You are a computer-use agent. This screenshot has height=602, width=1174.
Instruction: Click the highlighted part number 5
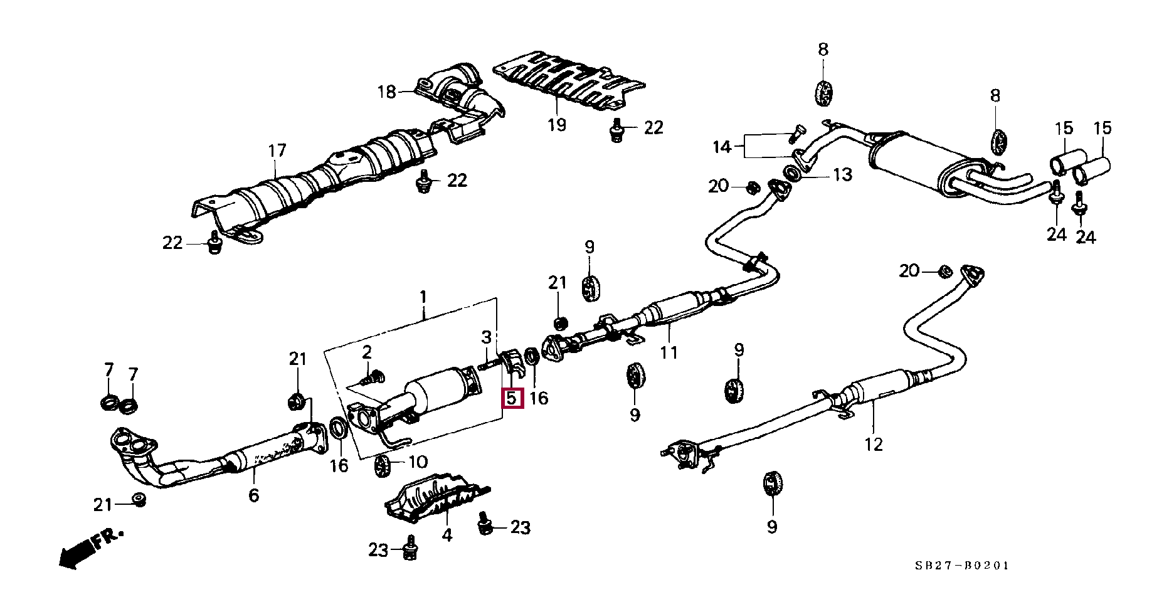[512, 398]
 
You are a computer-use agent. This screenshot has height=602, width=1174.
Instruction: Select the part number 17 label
[277, 150]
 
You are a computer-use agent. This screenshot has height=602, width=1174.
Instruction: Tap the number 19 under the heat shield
[556, 125]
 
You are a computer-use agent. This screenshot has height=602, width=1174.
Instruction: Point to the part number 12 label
[873, 444]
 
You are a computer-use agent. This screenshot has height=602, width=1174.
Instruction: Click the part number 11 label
[669, 352]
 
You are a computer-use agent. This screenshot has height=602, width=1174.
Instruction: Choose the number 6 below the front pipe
[253, 495]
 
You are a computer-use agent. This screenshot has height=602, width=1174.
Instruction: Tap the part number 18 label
[387, 92]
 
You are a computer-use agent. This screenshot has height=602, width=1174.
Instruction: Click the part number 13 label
[842, 174]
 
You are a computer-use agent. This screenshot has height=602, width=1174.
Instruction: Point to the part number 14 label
[722, 147]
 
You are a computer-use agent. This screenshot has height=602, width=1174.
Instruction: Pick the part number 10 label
[418, 463]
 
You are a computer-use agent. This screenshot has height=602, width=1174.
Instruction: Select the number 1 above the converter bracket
[423, 296]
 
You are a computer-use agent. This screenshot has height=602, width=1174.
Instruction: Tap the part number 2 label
[367, 351]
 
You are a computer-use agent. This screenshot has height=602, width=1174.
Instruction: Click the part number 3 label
[486, 337]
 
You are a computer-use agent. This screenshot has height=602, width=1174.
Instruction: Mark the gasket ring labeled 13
[793, 172]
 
